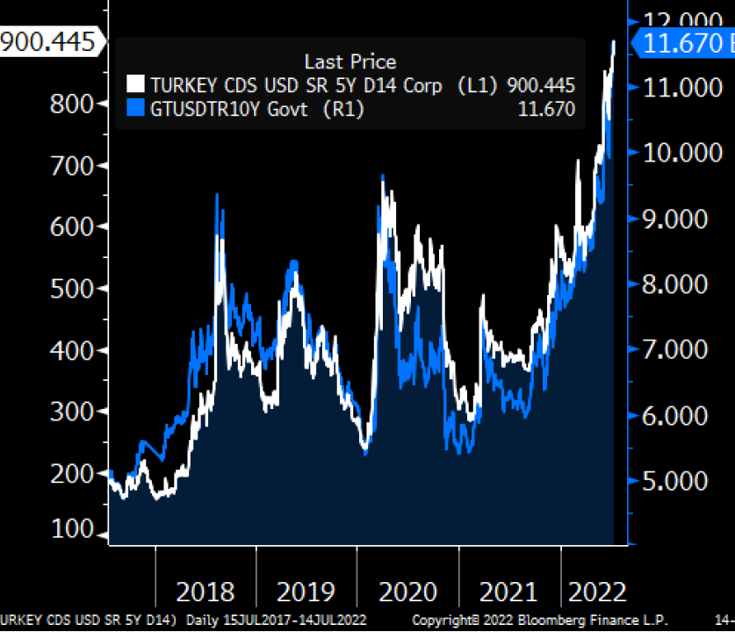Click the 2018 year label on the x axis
205,591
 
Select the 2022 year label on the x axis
597,591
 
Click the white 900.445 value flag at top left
48,41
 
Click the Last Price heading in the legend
349,61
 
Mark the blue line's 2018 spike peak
217,195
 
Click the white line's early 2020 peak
384,177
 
